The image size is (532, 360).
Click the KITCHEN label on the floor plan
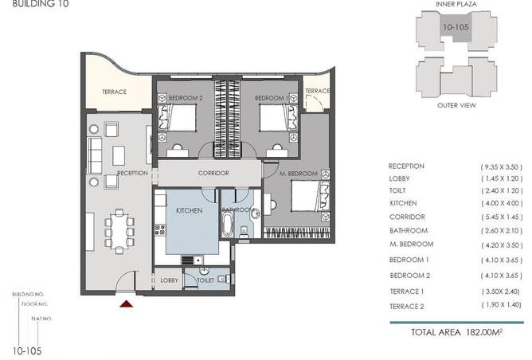[190, 210]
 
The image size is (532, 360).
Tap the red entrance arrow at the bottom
[125, 303]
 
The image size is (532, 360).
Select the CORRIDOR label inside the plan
[213, 173]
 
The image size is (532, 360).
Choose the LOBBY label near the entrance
[169, 280]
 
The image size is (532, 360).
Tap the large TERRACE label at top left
[114, 92]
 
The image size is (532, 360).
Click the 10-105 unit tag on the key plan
[455, 27]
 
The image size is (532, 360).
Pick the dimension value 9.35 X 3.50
[502, 166]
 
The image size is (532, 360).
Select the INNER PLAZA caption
[456, 5]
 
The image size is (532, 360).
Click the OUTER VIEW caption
[456, 104]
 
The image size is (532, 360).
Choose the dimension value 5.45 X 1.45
[502, 217]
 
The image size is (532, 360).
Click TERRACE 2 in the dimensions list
[407, 306]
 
